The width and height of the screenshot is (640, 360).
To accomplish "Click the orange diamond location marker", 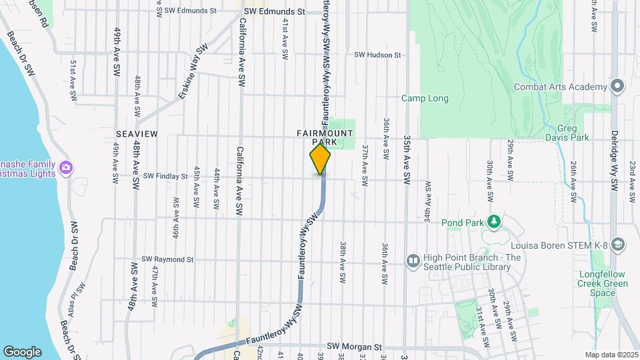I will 321,159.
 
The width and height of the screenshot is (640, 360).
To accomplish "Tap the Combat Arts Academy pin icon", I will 617,87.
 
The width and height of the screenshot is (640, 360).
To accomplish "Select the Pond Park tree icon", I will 493,221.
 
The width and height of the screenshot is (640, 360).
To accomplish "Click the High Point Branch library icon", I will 413,260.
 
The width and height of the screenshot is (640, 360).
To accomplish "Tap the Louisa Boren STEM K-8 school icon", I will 617,245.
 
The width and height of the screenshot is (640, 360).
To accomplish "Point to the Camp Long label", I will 425,99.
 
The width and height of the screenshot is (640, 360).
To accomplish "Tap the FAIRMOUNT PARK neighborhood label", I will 325,137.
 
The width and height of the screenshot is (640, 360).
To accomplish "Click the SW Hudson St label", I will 377,55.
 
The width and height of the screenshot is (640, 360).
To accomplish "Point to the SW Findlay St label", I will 165,177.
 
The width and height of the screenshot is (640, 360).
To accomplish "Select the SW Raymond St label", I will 167,259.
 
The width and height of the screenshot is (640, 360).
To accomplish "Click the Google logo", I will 22,352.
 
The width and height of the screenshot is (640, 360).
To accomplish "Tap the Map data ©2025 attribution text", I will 611,355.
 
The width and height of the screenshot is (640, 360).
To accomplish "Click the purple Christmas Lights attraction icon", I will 65,167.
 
